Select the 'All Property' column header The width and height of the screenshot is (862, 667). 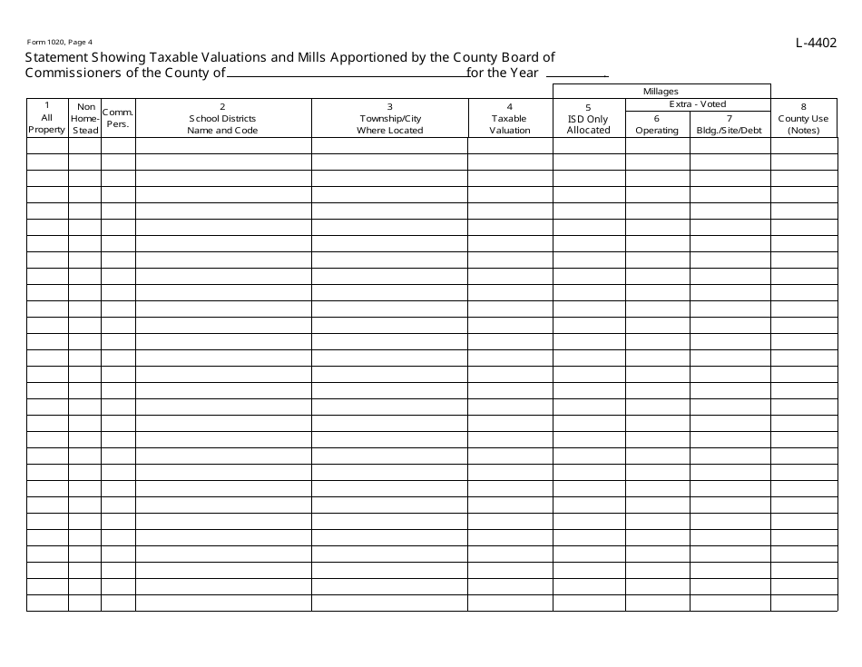click(47, 118)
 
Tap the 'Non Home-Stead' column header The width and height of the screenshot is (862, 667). click(85, 118)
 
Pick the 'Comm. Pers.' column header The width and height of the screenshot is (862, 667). click(118, 118)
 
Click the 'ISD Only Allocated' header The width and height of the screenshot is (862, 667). click(588, 119)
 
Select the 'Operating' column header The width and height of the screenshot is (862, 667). click(657, 124)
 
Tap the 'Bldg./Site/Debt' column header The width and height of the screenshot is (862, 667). click(730, 124)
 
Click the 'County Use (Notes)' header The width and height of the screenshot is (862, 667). click(804, 118)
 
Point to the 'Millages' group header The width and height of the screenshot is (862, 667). click(661, 91)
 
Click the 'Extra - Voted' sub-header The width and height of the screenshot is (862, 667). click(697, 104)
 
